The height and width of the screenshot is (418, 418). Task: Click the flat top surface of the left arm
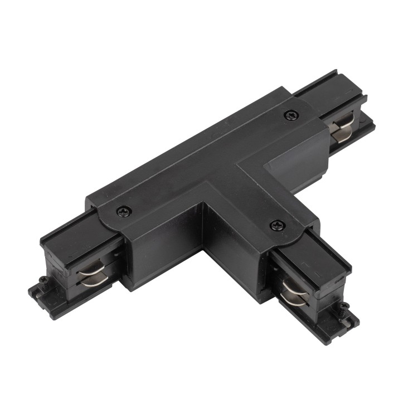pyautogui.click(x=67, y=234)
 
